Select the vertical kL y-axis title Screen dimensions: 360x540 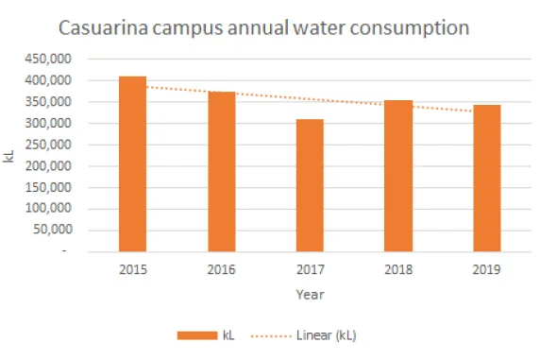[9, 156]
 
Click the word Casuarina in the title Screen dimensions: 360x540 [102, 26]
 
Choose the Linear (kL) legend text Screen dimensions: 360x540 [326, 335]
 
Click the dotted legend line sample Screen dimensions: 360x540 [268, 335]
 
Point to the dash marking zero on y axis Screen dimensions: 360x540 [65, 251]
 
